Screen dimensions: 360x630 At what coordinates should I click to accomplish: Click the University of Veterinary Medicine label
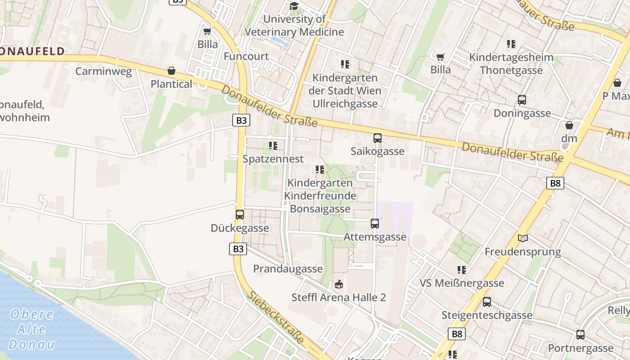pos(294,26)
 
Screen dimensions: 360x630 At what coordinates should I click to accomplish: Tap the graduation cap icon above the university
pos(294,6)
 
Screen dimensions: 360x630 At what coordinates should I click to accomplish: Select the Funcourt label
pos(246,56)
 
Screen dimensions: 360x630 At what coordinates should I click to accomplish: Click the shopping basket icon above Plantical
pos(171,71)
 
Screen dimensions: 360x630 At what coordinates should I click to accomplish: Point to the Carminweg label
pos(103,71)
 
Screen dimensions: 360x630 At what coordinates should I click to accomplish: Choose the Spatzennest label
pos(273,159)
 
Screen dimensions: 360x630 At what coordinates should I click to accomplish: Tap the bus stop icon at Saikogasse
pos(378,138)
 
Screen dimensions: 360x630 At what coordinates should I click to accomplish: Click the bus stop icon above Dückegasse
pos(240,215)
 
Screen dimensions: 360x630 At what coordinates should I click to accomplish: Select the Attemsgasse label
pos(375,237)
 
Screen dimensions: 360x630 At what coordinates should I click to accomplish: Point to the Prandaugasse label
pos(288,269)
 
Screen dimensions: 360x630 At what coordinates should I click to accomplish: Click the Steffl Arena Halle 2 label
pos(338,297)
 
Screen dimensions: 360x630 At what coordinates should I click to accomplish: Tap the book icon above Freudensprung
pos(522,238)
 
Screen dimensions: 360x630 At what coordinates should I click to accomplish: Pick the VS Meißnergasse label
pos(462,283)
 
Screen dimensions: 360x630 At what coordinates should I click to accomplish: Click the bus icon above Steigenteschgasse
pos(486,302)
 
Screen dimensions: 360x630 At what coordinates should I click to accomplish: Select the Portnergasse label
pos(580,348)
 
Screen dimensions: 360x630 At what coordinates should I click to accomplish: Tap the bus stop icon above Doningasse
pos(522,100)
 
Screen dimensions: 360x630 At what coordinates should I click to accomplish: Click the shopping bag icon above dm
pos(569,125)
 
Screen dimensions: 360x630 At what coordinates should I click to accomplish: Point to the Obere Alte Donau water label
pos(31,329)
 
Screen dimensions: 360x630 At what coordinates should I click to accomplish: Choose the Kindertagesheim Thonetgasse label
pos(511,63)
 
